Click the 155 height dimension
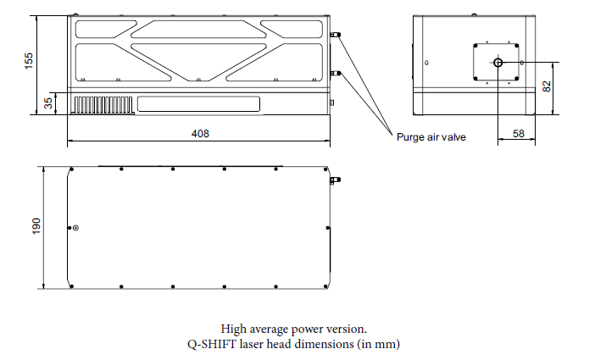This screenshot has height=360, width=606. point(29,62)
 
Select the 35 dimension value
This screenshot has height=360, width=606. point(48,103)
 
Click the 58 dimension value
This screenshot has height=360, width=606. point(518,134)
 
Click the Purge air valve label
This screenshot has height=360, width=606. point(431,136)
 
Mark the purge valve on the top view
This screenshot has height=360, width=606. point(336,180)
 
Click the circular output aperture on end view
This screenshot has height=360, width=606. point(498,63)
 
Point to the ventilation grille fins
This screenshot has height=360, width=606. point(103,104)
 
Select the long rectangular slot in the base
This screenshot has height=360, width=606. point(199,104)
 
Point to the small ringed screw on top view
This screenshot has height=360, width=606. point(76,227)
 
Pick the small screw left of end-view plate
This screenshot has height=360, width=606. point(426,62)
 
